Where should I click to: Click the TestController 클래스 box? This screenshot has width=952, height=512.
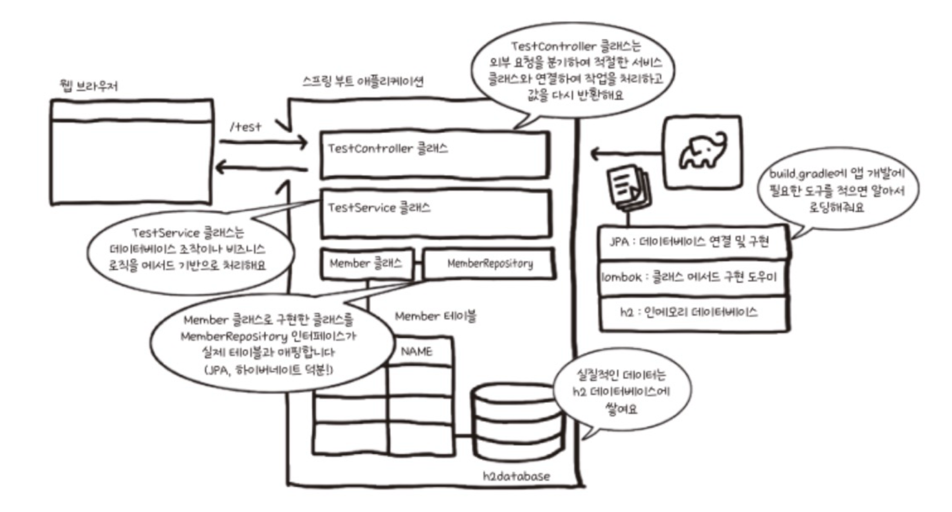coord(435,155)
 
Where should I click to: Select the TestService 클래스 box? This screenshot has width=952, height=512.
coord(435,214)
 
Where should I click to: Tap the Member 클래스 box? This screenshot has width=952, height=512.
coord(366,264)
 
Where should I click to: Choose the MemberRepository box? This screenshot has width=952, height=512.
coord(489,264)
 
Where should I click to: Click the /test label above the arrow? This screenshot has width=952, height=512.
coord(246,127)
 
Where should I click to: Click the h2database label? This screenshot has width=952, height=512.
coord(516,476)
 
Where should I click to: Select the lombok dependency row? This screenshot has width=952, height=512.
coord(692,277)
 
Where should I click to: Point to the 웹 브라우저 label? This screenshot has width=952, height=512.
coord(89,85)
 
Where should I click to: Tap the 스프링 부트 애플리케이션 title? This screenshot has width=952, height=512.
coord(362,81)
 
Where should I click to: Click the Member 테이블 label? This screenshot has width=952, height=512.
coord(435,317)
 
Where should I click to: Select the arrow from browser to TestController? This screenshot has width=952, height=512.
coord(263,142)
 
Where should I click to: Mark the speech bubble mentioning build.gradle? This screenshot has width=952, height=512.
coord(838,190)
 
